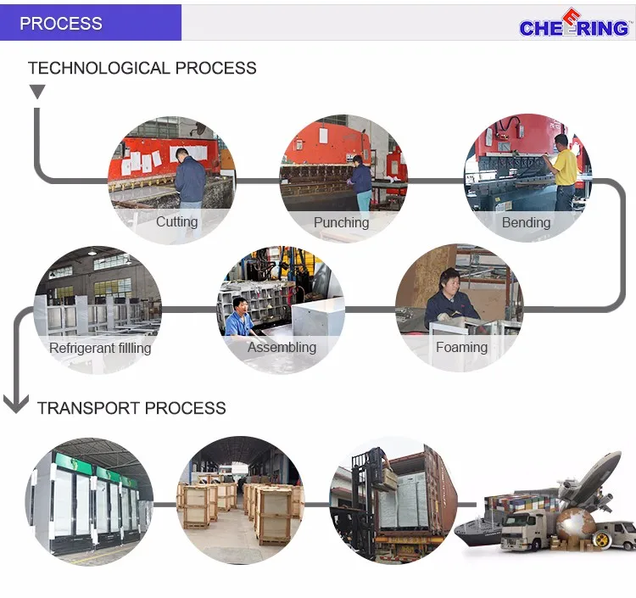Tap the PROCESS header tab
(61, 23)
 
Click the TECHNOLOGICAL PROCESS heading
(142, 68)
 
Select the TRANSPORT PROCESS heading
(131, 408)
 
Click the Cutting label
(176, 222)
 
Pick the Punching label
(341, 223)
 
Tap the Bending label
(526, 223)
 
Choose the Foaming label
(461, 347)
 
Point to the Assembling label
(282, 347)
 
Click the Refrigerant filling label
(100, 348)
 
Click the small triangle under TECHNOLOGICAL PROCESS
(37, 92)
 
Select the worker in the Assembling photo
(240, 318)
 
